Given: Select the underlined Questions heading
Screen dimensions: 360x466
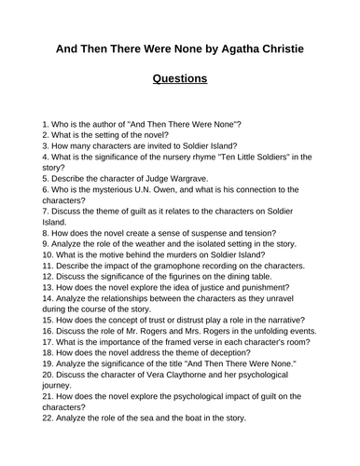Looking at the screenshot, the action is (180, 79).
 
